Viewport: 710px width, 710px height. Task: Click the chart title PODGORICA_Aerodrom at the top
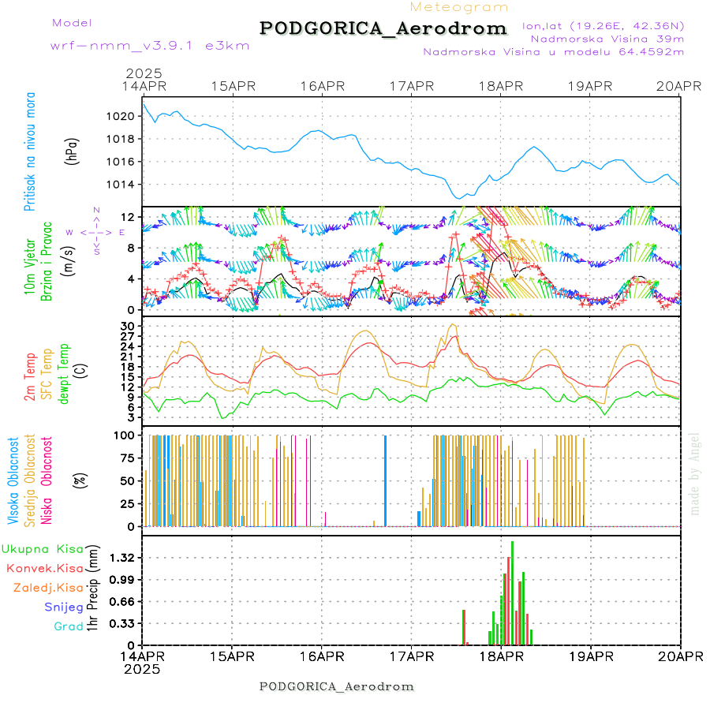pyautogui.click(x=383, y=28)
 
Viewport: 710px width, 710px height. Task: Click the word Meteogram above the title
pyautogui.click(x=459, y=7)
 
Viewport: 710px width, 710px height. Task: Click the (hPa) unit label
pyautogui.click(x=73, y=150)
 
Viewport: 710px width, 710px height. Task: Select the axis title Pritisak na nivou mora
pyautogui.click(x=30, y=152)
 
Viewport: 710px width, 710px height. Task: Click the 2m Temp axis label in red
pyautogui.click(x=30, y=378)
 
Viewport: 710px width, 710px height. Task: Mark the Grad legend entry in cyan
pyautogui.click(x=68, y=626)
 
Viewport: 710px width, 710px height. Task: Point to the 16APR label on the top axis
pyautogui.click(x=323, y=86)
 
